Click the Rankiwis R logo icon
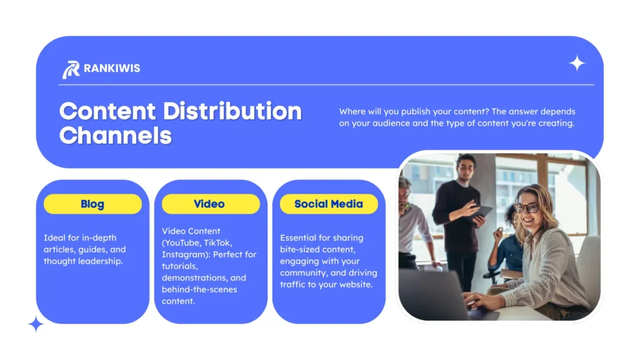click(x=71, y=69)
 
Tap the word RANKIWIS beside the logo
click(x=112, y=68)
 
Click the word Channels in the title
click(x=116, y=134)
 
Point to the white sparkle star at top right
click(x=577, y=63)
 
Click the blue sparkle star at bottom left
click(x=36, y=324)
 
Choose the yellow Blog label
click(x=92, y=204)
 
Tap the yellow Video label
click(x=209, y=204)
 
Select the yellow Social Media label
click(x=328, y=204)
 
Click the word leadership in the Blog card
click(x=101, y=261)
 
